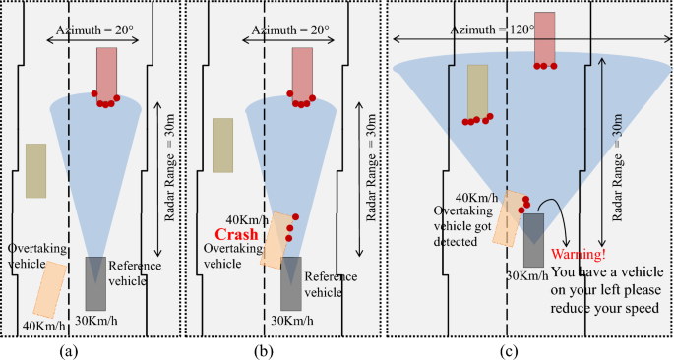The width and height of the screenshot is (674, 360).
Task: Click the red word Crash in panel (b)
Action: click(x=237, y=236)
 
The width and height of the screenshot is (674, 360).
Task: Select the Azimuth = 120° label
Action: click(x=492, y=30)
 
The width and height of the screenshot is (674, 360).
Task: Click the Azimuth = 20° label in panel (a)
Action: click(x=96, y=30)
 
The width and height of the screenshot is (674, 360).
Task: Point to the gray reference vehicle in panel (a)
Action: click(x=96, y=283)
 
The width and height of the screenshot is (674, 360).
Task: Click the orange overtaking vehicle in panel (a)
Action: click(x=50, y=288)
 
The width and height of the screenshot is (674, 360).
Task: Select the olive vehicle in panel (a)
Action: click(x=35, y=170)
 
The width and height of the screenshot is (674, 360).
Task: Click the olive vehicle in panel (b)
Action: click(x=222, y=145)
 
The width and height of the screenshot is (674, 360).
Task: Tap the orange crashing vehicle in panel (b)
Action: click(x=276, y=240)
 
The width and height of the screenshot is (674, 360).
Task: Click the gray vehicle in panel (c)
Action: click(x=534, y=239)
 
